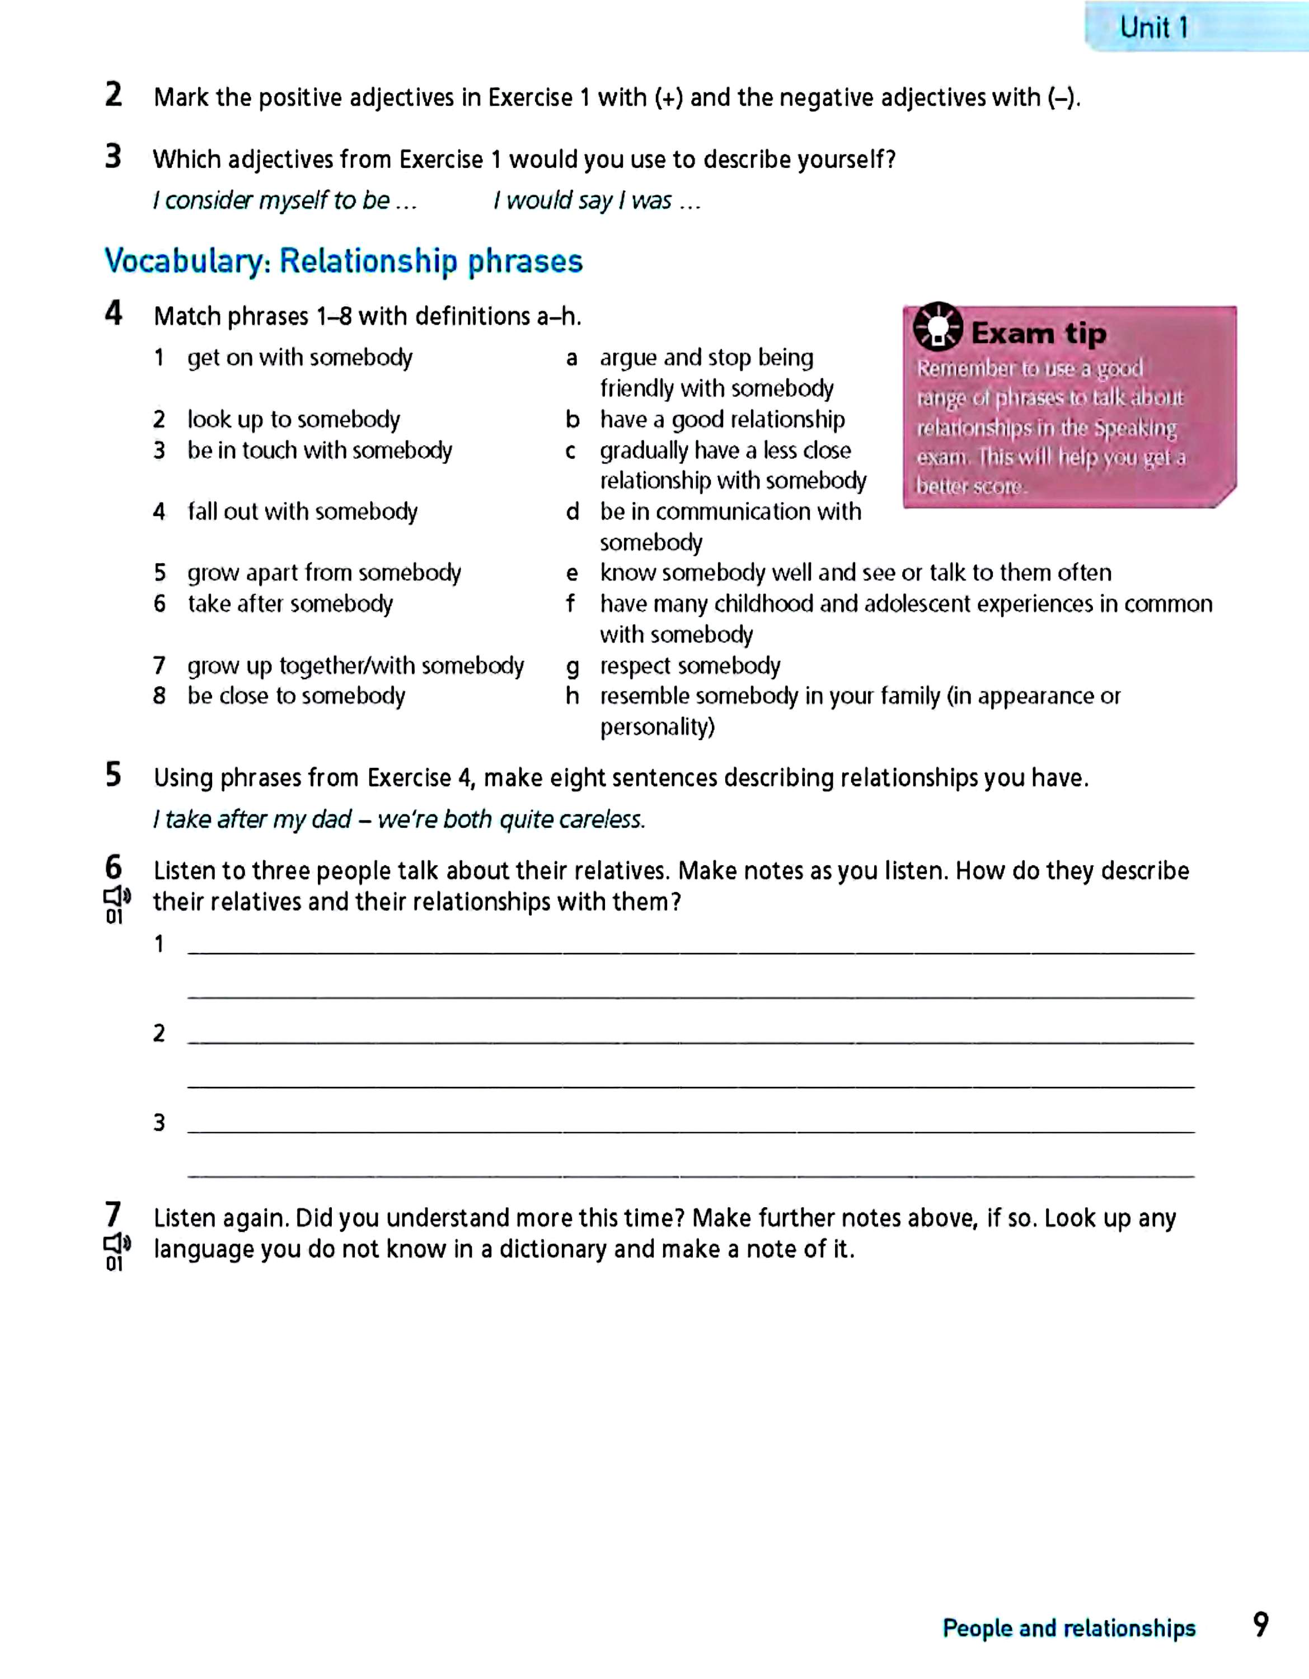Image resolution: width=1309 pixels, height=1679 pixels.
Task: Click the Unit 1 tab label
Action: (1154, 27)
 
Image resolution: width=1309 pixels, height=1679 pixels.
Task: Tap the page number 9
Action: (1260, 1625)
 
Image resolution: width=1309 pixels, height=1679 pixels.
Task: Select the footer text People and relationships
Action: (1068, 1628)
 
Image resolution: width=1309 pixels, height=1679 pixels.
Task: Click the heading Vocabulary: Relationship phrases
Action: (344, 261)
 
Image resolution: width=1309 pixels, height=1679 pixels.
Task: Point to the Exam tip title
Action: (1039, 334)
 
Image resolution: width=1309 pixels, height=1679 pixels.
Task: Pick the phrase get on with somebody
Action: (300, 358)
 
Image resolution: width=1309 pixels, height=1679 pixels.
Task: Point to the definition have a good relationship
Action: (722, 420)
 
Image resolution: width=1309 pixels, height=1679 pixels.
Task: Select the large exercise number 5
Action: (114, 775)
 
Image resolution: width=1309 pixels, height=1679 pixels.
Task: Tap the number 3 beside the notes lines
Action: (159, 1122)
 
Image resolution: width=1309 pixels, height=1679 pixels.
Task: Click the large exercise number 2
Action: (114, 95)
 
